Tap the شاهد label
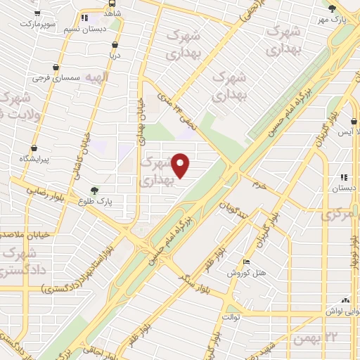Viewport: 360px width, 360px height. (111, 13)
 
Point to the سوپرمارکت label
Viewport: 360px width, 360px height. (35, 23)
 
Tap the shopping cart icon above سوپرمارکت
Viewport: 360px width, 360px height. (36, 13)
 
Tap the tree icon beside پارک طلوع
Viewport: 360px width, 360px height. (94, 189)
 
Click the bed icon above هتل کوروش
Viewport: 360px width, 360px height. (245, 262)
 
